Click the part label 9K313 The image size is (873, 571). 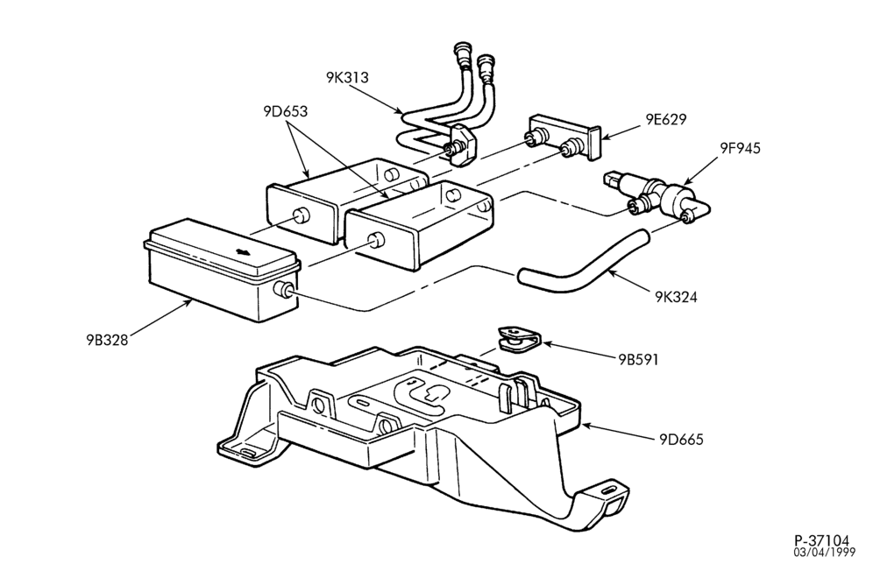(x=347, y=77)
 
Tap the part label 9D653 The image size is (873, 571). (x=286, y=111)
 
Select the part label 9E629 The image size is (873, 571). (x=666, y=119)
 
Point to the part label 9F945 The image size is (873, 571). (x=740, y=148)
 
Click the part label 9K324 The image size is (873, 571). (x=676, y=297)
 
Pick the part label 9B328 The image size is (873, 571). (x=107, y=340)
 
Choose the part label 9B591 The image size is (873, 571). (x=639, y=360)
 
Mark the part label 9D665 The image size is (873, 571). (x=681, y=440)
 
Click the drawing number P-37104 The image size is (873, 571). (x=822, y=540)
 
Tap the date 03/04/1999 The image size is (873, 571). (x=825, y=552)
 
